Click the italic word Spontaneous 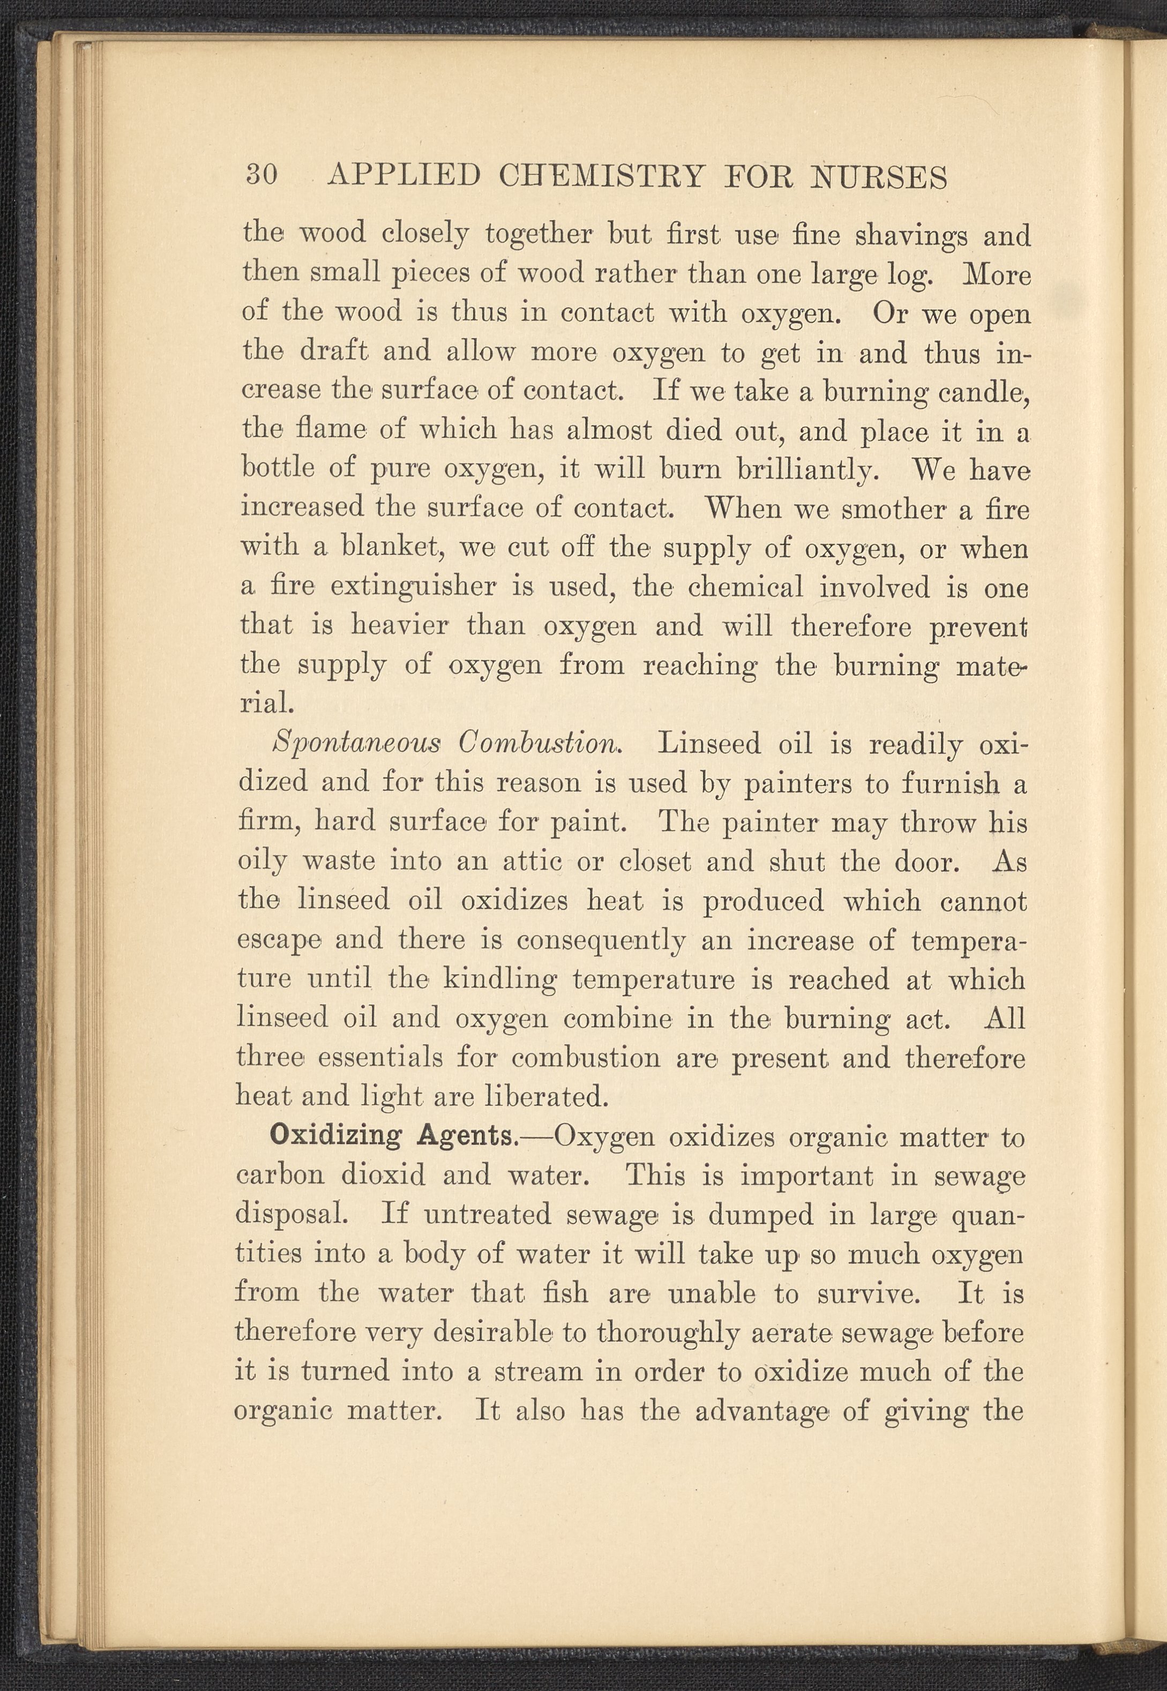pos(356,744)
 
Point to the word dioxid pos(383,1176)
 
